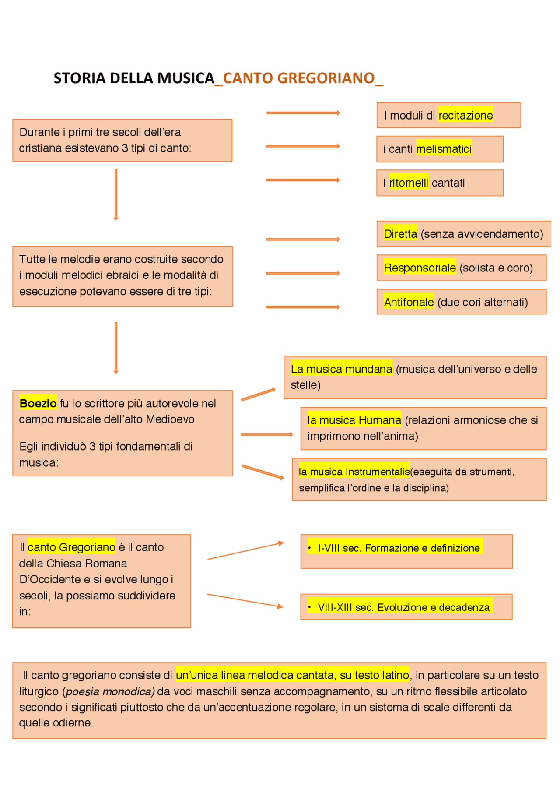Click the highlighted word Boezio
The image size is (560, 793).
38,403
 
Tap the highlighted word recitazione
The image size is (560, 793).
465,116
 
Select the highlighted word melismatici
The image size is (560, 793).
444,149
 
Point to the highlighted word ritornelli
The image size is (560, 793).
409,183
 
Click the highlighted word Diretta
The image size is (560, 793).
400,234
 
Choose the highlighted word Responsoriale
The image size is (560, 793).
420,268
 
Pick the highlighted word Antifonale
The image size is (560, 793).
409,302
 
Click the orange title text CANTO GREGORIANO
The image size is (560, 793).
299,78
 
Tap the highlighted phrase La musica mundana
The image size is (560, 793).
341,369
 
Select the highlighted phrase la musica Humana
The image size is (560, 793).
354,420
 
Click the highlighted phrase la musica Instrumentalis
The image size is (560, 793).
354,472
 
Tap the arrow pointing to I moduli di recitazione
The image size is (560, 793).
303,113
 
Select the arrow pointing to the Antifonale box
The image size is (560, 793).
303,307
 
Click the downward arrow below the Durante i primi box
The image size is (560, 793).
116,194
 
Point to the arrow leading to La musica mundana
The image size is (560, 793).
258,394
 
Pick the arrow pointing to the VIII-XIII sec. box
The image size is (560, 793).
245,600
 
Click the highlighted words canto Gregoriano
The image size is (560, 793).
71,547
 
